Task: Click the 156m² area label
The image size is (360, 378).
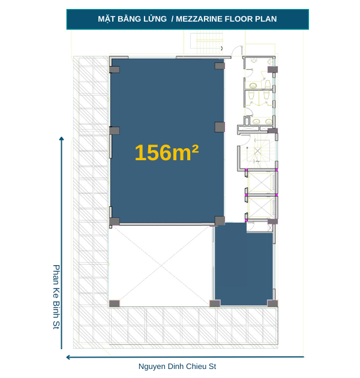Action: [x=166, y=153]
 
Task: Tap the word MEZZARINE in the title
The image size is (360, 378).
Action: [x=201, y=19]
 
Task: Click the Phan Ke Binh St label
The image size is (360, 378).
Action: [x=56, y=297]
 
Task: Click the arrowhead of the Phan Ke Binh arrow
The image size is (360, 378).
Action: [x=61, y=139]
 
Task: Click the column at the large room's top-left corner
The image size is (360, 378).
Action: [x=114, y=69]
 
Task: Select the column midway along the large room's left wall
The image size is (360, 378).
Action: [x=114, y=131]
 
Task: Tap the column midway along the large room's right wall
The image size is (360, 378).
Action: [x=220, y=127]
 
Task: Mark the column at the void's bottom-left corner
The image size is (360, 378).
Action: [x=114, y=303]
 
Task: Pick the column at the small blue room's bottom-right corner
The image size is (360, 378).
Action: [x=272, y=303]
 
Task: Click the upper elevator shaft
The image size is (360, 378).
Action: [x=262, y=182]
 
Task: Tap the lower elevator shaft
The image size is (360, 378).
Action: [x=262, y=207]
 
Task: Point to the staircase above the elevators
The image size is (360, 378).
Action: [x=259, y=151]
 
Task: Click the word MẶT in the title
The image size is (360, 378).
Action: [x=107, y=19]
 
